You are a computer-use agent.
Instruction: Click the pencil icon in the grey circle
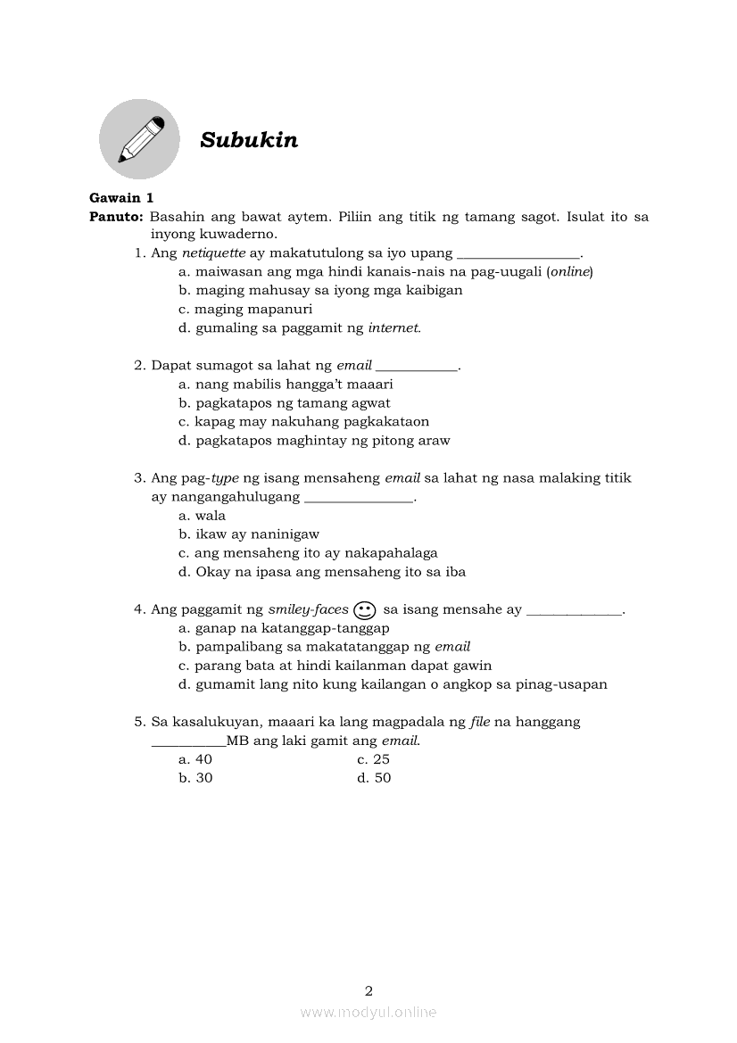coord(140,139)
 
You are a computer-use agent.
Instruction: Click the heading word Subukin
coord(249,140)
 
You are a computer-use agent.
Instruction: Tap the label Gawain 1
coord(121,198)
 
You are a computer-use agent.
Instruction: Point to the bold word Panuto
coord(115,217)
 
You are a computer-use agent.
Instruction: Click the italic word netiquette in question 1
coord(213,252)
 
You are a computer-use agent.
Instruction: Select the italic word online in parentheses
coord(570,271)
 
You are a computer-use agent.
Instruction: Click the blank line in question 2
coord(417,366)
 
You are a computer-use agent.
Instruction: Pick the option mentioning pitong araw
coord(314,440)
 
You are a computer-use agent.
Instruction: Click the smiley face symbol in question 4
coord(364,610)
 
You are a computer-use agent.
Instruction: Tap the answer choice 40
coord(196,759)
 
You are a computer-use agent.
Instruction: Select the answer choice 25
coord(374,759)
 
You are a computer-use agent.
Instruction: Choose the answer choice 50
coord(375,778)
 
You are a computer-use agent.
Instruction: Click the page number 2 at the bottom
coord(368,990)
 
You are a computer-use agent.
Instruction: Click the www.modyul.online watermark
coord(368,1012)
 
